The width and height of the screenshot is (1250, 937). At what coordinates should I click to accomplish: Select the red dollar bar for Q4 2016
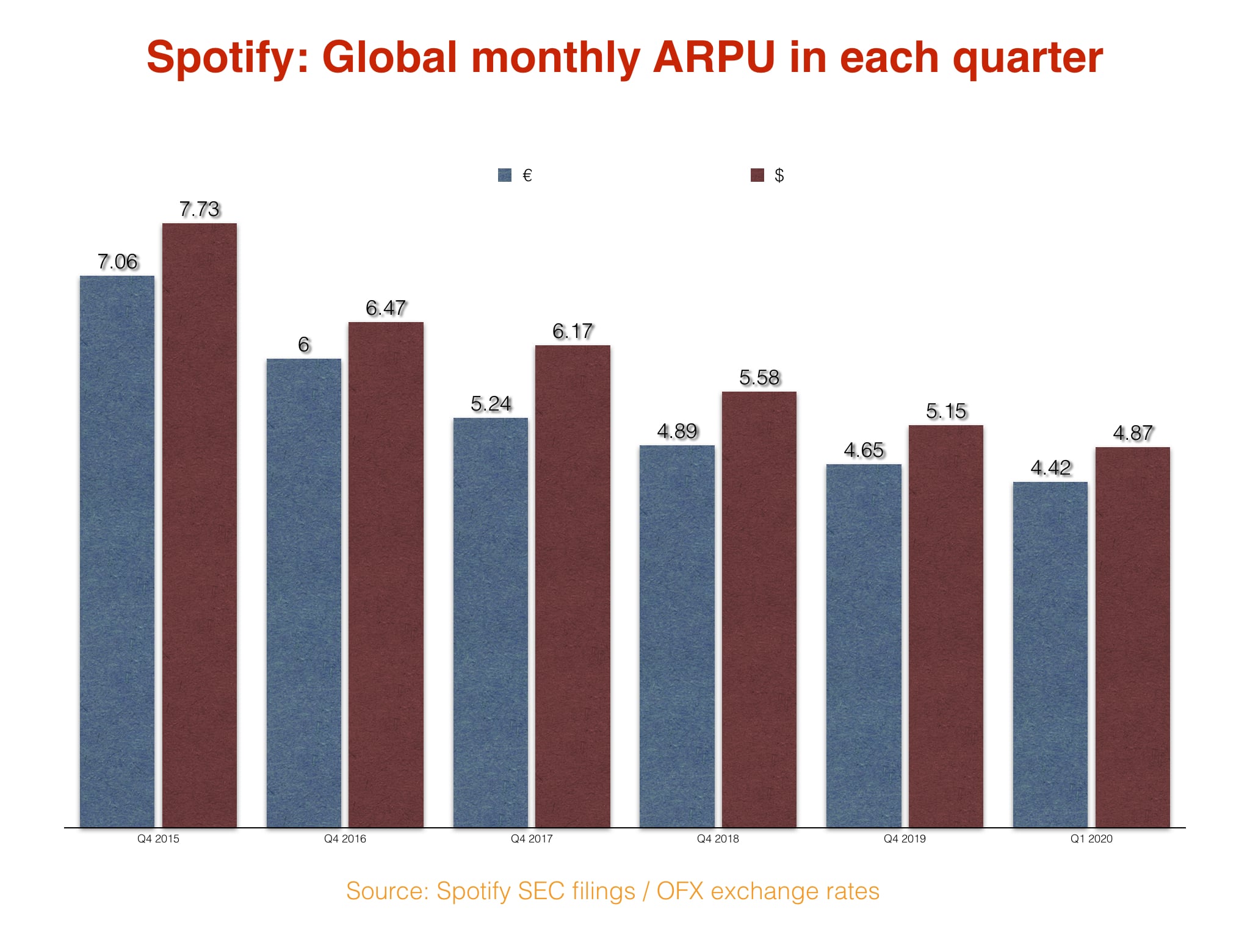coord(386,574)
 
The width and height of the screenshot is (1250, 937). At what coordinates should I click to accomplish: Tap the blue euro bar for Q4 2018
coord(677,636)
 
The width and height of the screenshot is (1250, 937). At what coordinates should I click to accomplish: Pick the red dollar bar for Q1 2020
coord(1132,637)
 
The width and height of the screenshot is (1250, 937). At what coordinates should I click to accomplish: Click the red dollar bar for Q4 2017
coord(573,586)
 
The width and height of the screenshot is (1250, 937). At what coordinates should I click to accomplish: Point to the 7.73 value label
coord(199,209)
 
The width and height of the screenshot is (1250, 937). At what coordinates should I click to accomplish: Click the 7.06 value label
coord(117,262)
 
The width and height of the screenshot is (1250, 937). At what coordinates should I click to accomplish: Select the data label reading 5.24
coord(490,404)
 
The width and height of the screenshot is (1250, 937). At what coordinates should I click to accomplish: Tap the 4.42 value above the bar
coord(1050,468)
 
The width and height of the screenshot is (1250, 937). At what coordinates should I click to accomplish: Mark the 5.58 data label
coord(759,378)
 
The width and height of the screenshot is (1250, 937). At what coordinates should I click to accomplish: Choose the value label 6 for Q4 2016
coord(303,345)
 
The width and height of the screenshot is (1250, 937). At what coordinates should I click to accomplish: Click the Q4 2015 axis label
coord(158,839)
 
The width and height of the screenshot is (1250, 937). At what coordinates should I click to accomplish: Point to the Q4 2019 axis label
coord(905,839)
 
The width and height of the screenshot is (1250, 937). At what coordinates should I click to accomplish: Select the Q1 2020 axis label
coord(1091,839)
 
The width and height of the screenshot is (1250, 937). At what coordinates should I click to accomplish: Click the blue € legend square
coord(505,176)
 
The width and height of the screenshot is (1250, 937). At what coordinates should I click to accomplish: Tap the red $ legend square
coord(757,176)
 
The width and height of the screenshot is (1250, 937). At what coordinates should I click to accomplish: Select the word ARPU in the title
coord(714,58)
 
